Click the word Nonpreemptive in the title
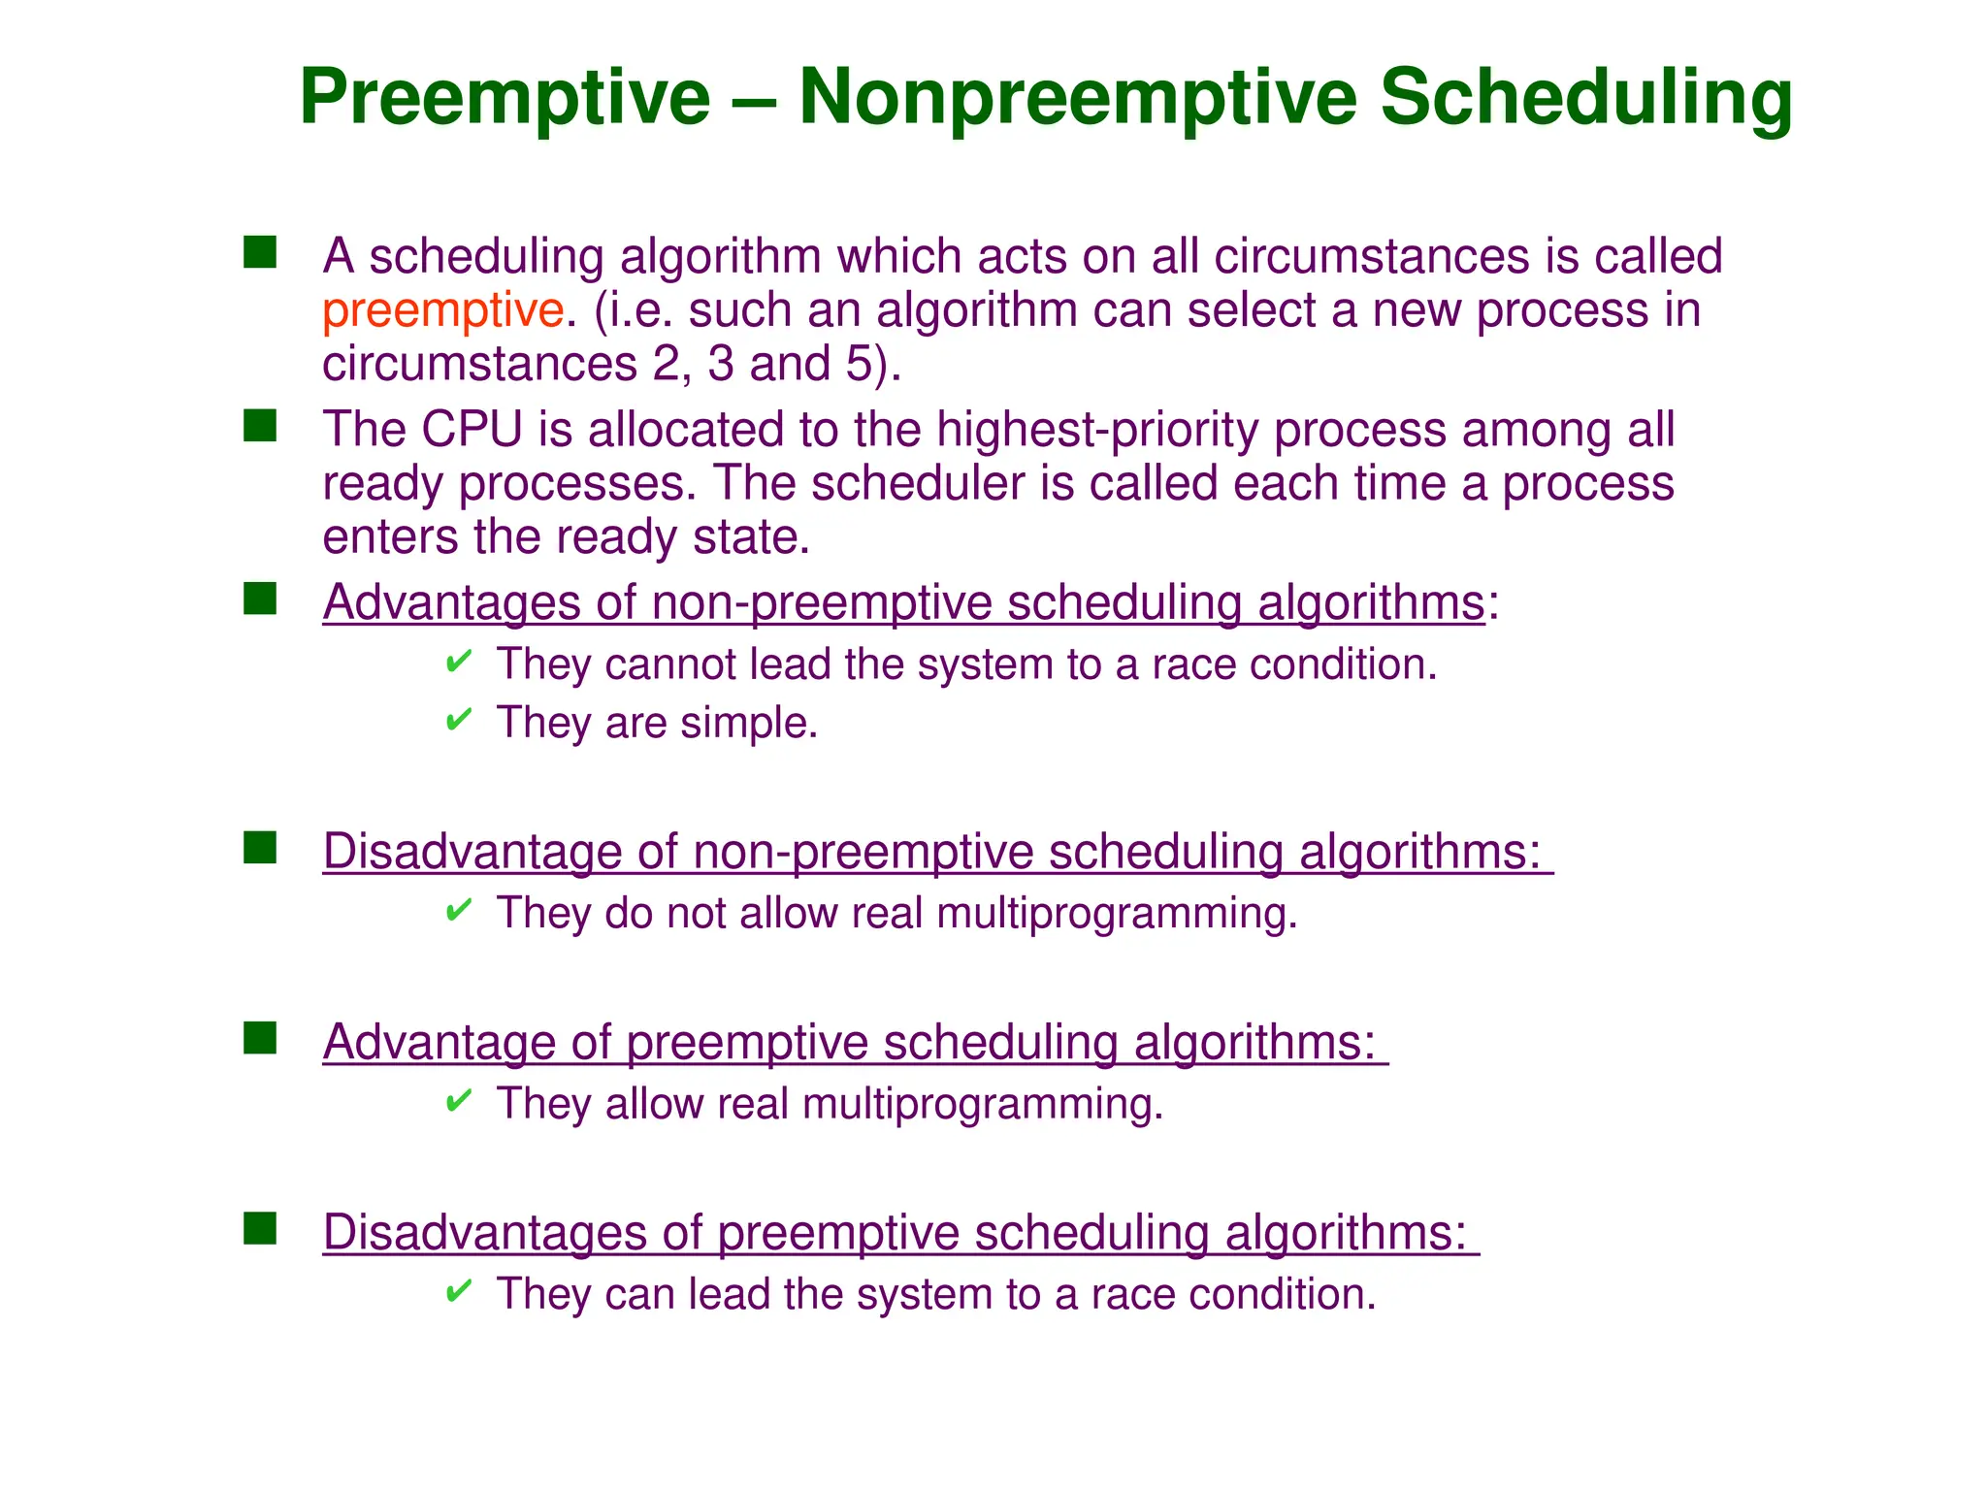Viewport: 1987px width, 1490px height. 1077,97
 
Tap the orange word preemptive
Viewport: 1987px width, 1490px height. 442,311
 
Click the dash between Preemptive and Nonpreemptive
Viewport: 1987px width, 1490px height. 754,99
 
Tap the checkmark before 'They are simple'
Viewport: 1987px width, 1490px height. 458,721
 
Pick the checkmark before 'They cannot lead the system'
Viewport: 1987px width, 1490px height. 458,663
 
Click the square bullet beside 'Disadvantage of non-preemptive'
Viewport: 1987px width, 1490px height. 260,848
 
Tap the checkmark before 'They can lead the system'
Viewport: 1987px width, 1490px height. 458,1292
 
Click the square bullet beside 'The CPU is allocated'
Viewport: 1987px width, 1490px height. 260,426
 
